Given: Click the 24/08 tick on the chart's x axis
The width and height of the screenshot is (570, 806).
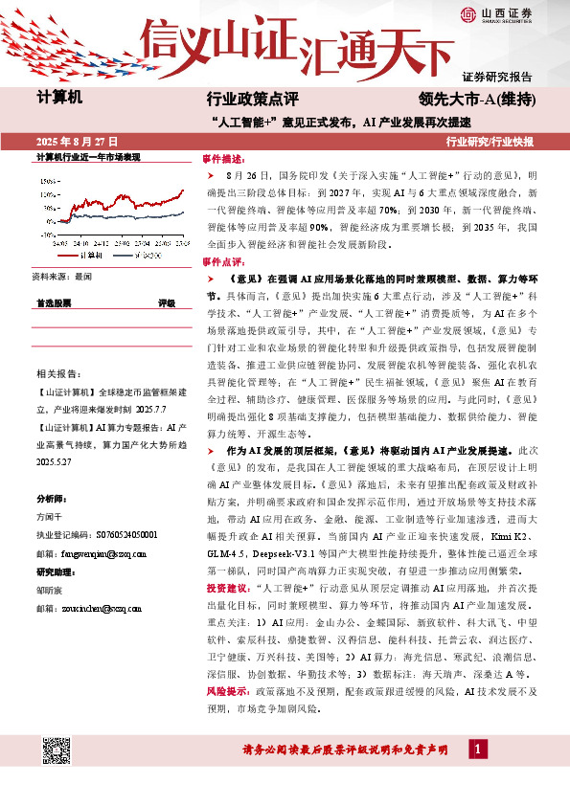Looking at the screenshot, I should click(x=58, y=243).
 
